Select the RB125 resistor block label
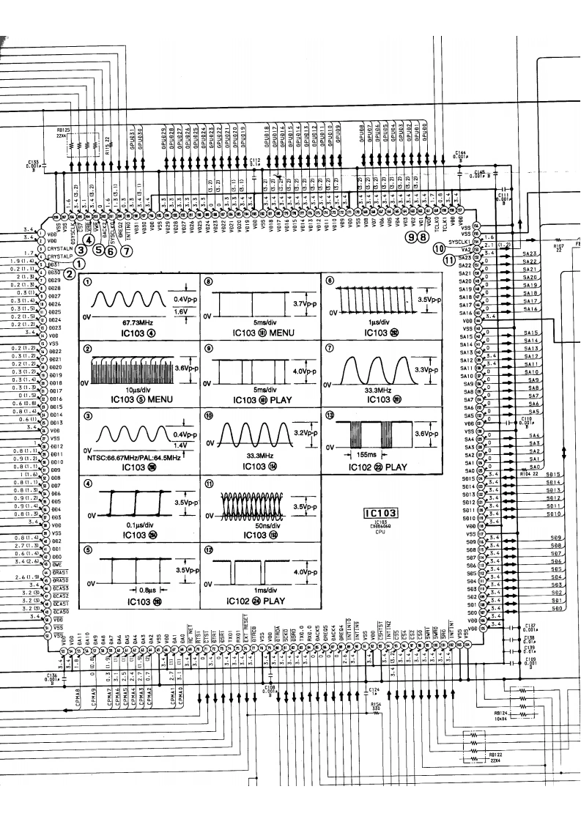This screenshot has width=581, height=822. pyautogui.click(x=64, y=130)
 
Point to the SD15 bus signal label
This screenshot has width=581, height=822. pyautogui.click(x=554, y=475)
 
